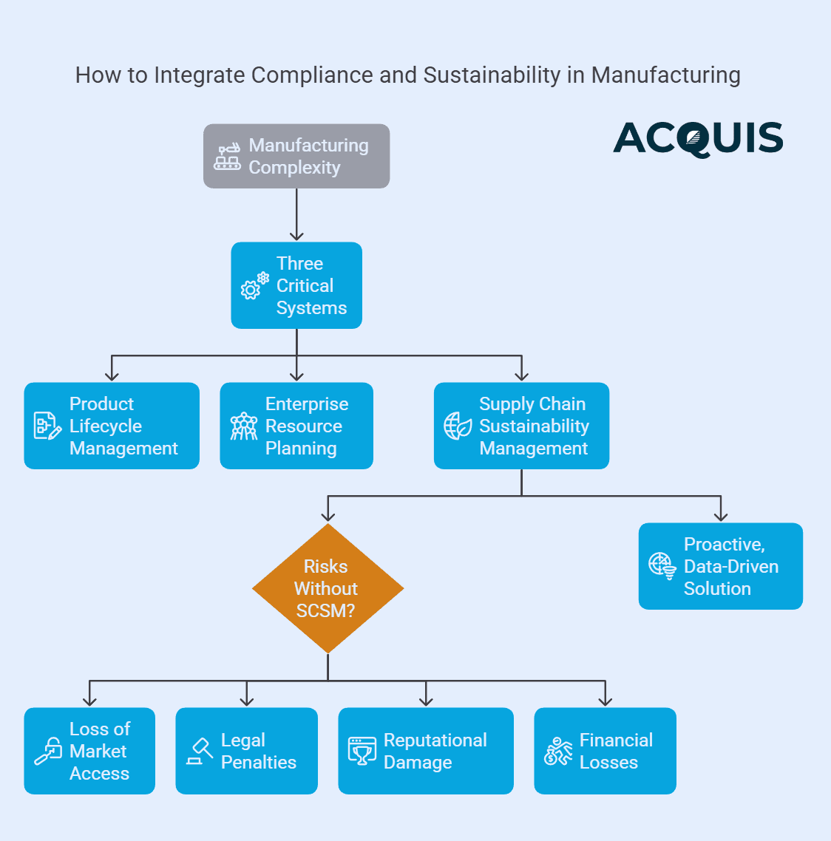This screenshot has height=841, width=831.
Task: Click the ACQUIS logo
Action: pyautogui.click(x=698, y=139)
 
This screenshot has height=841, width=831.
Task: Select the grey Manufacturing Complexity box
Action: pyautogui.click(x=296, y=156)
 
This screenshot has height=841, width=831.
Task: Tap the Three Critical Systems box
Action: pyautogui.click(x=296, y=285)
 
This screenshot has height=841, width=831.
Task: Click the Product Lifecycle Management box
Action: pyautogui.click(x=112, y=426)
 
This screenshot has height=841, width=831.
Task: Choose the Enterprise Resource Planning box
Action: pyautogui.click(x=296, y=426)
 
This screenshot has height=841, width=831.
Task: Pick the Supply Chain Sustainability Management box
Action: pyautogui.click(x=521, y=426)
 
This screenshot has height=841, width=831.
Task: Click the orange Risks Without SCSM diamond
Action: pyautogui.click(x=328, y=588)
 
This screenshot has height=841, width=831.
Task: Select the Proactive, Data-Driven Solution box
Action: pyautogui.click(x=720, y=566)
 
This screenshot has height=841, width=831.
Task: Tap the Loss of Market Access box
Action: pyautogui.click(x=89, y=751)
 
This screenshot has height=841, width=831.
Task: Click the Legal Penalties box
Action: pyautogui.click(x=246, y=751)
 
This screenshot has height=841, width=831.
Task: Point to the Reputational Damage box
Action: pyautogui.click(x=426, y=751)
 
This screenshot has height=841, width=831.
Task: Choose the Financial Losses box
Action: pyautogui.click(x=605, y=751)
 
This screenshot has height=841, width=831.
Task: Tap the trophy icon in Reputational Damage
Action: pyautogui.click(x=362, y=751)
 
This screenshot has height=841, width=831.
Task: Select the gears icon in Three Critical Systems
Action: pyautogui.click(x=254, y=286)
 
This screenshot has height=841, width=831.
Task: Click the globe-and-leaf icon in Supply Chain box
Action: pyautogui.click(x=458, y=426)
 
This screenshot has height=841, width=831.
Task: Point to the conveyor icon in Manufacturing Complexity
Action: pyautogui.click(x=227, y=157)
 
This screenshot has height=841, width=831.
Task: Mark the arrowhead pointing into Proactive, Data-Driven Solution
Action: pyautogui.click(x=721, y=517)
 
